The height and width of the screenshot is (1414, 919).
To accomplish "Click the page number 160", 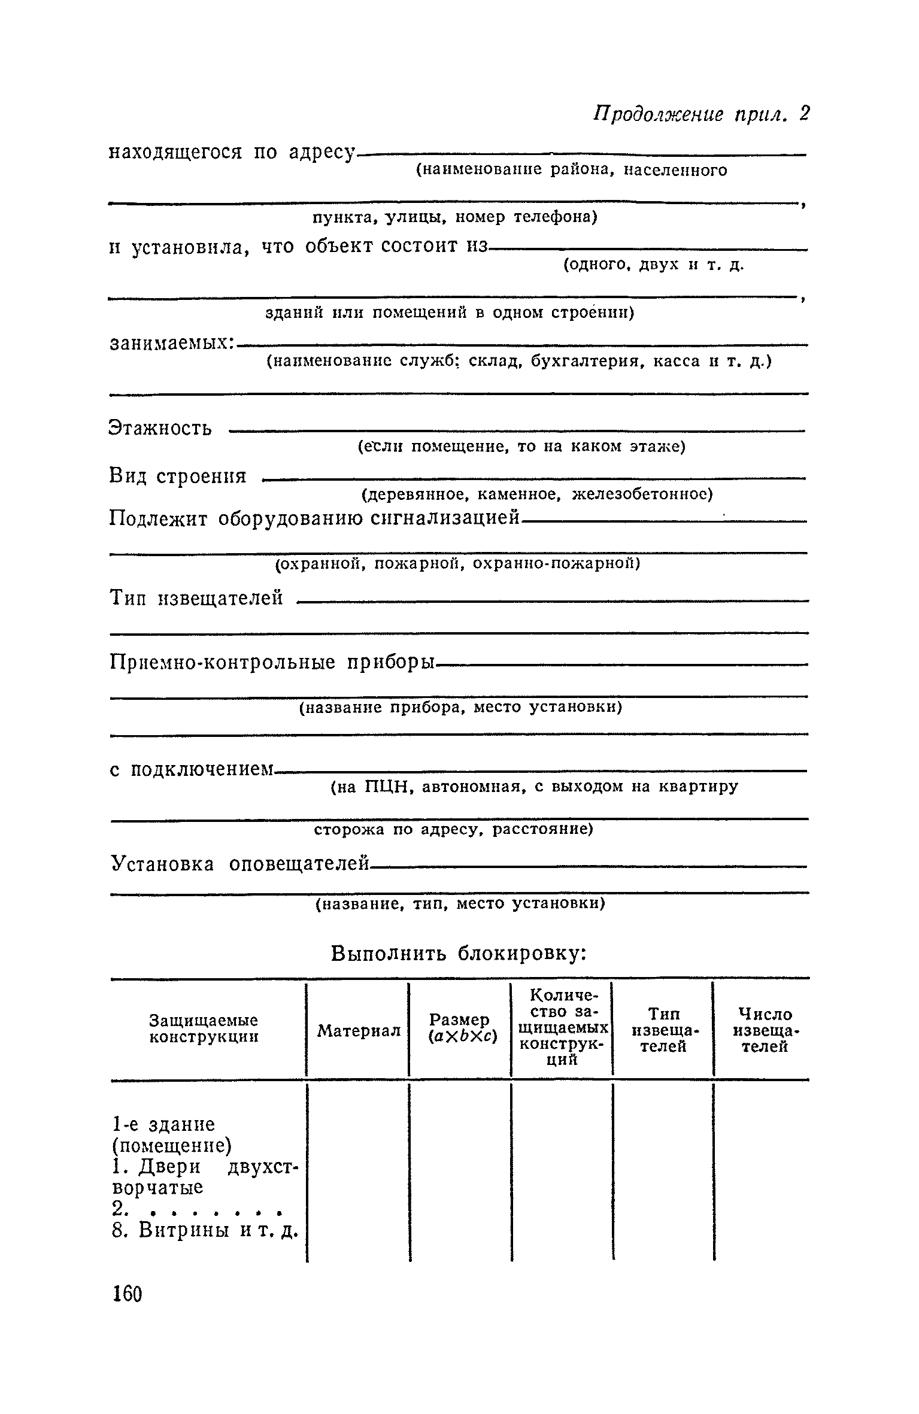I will click(x=127, y=1294).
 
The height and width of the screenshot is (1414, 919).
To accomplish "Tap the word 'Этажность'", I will click(x=160, y=428).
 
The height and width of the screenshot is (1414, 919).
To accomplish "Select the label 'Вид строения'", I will click(x=178, y=477).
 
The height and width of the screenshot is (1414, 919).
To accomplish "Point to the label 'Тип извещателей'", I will click(x=197, y=597).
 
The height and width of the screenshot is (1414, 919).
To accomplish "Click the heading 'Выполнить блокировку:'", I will click(x=458, y=952).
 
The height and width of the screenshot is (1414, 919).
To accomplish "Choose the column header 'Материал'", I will click(x=359, y=1030).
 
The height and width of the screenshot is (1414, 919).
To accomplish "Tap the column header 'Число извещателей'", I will click(x=765, y=1030).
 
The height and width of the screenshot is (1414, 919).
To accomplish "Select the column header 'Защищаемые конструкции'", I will click(x=204, y=1028).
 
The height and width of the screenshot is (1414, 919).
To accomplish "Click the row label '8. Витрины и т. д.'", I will click(x=205, y=1231).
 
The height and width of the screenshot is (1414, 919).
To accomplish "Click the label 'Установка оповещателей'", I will click(x=239, y=864).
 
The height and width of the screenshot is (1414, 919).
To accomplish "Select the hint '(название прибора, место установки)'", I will click(x=460, y=708).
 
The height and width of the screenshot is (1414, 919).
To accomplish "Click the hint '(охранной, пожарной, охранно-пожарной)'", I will click(x=457, y=564).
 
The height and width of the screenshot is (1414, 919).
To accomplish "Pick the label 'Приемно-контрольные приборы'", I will click(x=273, y=663).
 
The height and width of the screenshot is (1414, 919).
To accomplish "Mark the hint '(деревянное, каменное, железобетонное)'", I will click(x=536, y=494).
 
